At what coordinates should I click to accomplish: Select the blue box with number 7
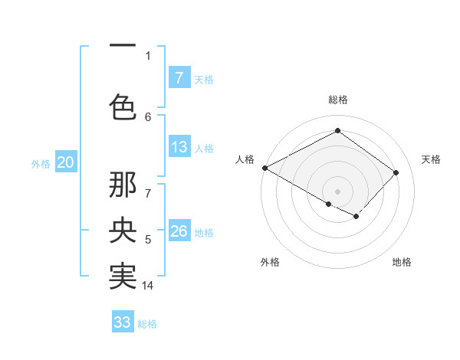[179, 78]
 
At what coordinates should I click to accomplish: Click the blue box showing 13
[179, 148]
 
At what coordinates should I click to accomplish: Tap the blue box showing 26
[179, 231]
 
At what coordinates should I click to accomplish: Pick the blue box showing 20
[65, 162]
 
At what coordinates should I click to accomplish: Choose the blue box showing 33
[123, 322]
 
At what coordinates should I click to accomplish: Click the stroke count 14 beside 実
[148, 286]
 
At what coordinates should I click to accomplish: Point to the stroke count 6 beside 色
[148, 116]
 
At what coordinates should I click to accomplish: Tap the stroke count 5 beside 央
[148, 241]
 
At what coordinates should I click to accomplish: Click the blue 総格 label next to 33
[147, 324]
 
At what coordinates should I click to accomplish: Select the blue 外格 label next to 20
[41, 163]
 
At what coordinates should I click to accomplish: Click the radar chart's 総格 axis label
[337, 100]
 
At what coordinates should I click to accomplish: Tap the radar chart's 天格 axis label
[431, 159]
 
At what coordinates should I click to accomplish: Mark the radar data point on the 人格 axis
[264, 168]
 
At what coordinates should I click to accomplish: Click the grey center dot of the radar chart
[337, 191]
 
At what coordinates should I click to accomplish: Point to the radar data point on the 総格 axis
[337, 131]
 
